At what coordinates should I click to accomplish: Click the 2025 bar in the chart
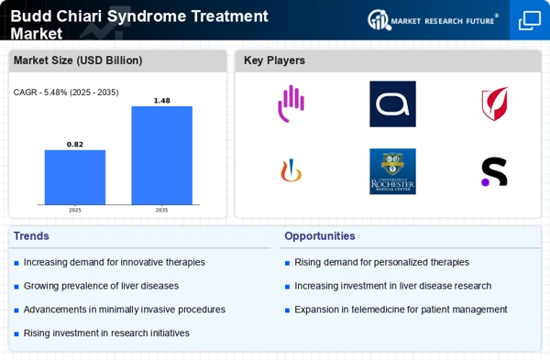pos(75,178)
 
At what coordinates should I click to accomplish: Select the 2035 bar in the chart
pos(161,156)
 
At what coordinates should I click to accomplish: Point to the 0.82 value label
pos(75,144)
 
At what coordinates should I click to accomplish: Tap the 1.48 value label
pos(161,100)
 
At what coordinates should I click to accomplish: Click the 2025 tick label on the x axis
pos(75,210)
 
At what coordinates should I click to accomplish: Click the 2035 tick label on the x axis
pos(161,210)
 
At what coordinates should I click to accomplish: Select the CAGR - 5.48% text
pos(66,92)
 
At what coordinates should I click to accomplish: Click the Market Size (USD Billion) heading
pos(78,60)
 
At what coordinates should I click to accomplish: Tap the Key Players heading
pos(274,60)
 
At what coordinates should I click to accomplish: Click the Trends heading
pos(31,235)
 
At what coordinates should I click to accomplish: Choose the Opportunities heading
pos(320,235)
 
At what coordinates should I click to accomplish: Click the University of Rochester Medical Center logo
pos(392,171)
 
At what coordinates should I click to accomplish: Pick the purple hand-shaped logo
pos(291,104)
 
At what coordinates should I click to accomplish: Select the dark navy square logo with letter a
pos(392,104)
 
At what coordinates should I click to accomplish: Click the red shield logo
pos(494,104)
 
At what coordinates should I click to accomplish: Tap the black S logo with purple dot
pos(494,171)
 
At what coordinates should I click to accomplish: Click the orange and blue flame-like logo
pos(291,171)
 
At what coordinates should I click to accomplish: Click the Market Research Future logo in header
pos(433,19)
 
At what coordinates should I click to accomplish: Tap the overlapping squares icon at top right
pos(530,19)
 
